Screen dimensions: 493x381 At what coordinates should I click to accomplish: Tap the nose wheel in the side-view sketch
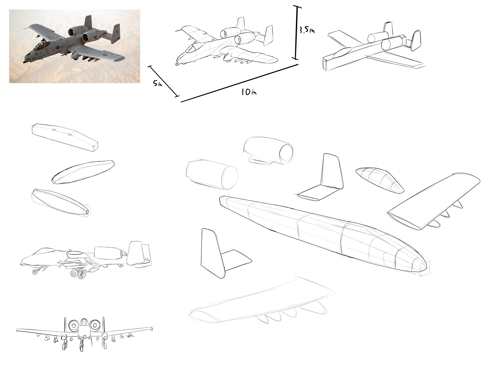(34, 272)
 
